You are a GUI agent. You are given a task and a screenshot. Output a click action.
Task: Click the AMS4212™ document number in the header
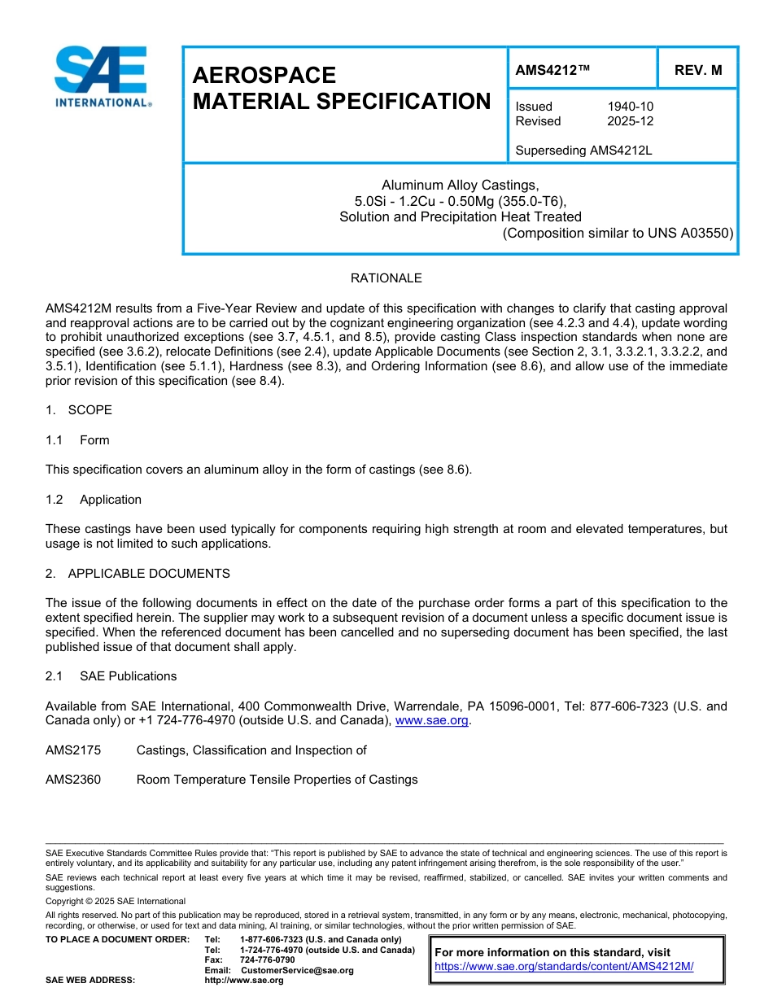552,71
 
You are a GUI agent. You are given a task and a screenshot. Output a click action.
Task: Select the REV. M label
697,71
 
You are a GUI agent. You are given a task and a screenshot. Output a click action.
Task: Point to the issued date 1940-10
630,107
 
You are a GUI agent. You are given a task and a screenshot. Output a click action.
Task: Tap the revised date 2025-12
630,121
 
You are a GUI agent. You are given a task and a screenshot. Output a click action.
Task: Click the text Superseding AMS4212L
583,151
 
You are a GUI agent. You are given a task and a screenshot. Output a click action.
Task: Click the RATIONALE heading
386,278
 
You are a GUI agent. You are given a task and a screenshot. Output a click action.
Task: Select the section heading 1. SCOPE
79,410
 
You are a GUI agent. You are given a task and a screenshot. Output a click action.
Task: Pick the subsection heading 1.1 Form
77,440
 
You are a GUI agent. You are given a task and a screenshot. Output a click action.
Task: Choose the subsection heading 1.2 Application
94,500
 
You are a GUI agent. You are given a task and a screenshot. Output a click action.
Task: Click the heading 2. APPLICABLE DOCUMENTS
138,574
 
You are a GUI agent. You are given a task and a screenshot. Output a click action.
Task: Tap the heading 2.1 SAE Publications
111,676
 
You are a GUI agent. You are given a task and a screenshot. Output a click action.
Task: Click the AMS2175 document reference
73,750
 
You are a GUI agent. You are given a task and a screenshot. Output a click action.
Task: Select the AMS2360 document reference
73,780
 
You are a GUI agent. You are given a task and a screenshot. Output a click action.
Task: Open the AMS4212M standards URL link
563,967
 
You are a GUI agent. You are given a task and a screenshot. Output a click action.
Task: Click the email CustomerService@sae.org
297,970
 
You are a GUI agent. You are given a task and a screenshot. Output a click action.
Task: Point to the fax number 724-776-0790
267,960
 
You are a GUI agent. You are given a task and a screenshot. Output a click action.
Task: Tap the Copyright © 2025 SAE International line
116,901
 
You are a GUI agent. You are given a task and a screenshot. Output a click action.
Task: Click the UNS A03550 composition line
618,233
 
